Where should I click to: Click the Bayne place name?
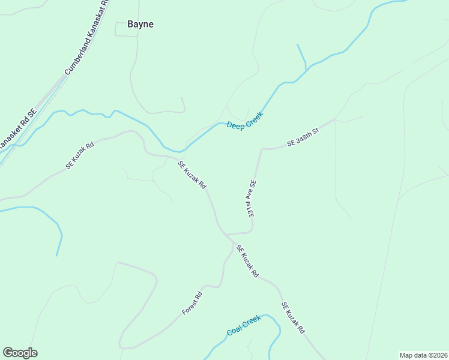[140, 25]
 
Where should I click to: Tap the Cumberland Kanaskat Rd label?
[87, 38]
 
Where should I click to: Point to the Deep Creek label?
[244, 120]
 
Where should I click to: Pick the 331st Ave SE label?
[250, 199]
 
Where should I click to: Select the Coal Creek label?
[244, 325]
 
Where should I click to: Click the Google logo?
[20, 353]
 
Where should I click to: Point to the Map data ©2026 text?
[423, 355]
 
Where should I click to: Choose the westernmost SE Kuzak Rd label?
[80, 155]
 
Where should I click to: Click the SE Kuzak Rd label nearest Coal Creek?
[294, 318]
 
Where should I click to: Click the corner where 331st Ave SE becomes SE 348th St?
[262, 149]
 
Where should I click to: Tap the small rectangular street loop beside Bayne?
[126, 29]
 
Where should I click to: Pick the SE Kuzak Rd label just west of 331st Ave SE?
[192, 174]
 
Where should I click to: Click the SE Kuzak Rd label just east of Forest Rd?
[247, 261]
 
